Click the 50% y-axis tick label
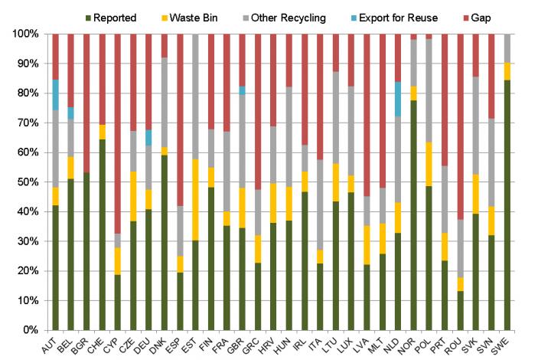click(25, 182)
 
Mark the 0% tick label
click(28, 330)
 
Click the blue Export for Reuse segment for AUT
click(56, 95)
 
